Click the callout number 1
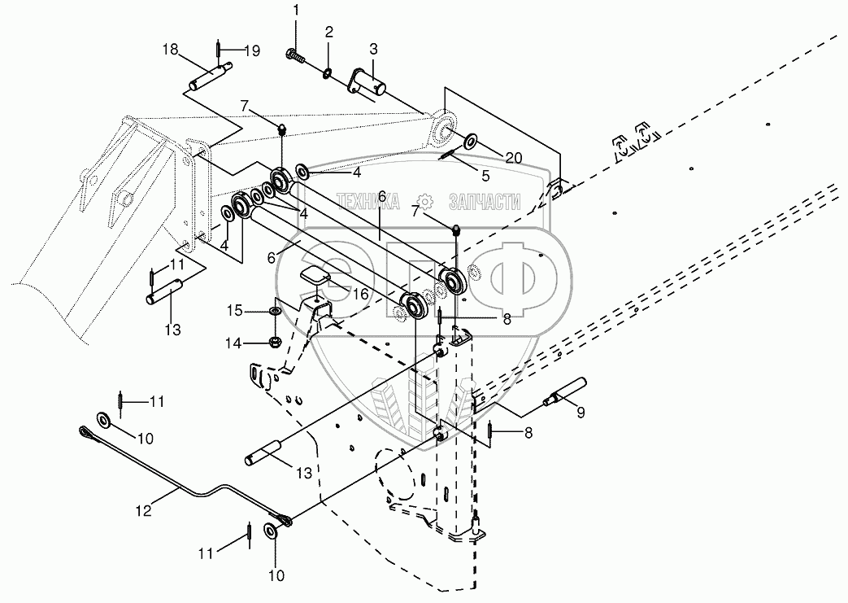tap(296, 10)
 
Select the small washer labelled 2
tap(328, 73)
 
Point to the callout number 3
tap(374, 50)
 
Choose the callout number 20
tap(514, 158)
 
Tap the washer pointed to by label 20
tap(470, 142)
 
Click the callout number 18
tap(170, 50)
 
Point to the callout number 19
tap(251, 51)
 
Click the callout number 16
tap(360, 294)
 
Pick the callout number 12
tap(144, 510)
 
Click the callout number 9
tap(581, 413)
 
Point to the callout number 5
tap(485, 176)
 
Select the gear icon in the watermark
tap(425, 202)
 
